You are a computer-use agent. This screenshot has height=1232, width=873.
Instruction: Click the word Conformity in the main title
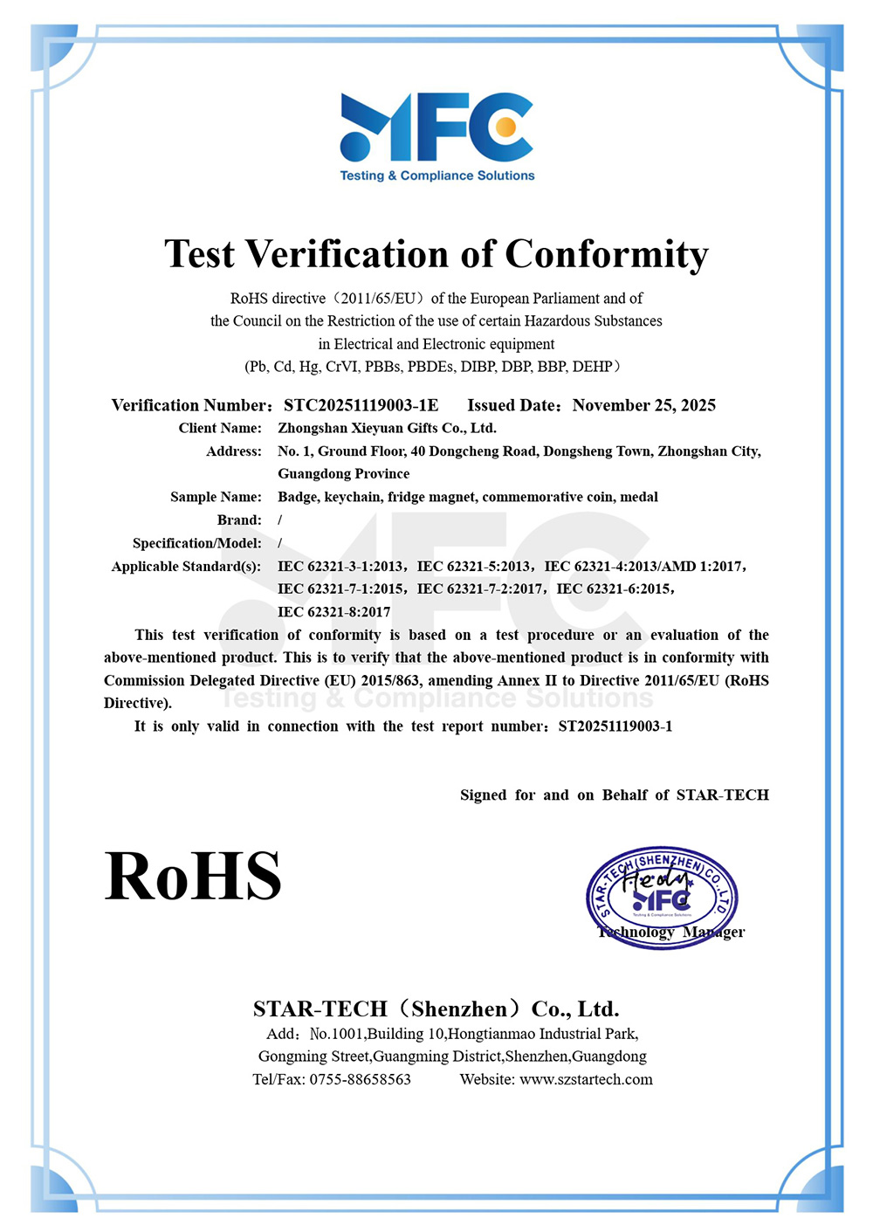(x=607, y=254)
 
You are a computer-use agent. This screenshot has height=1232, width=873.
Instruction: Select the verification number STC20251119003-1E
(x=361, y=405)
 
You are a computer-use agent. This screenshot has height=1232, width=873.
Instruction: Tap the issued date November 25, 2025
(x=644, y=405)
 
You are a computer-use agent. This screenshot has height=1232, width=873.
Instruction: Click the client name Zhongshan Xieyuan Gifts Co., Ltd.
(x=387, y=428)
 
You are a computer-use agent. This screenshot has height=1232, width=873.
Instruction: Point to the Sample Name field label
(x=216, y=497)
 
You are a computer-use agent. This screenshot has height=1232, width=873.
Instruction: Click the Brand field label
(x=239, y=520)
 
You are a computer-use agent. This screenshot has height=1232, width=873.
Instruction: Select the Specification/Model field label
(x=196, y=543)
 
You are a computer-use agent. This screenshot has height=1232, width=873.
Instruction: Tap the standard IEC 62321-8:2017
(x=333, y=612)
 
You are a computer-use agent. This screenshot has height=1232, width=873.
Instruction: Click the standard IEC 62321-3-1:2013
(x=340, y=566)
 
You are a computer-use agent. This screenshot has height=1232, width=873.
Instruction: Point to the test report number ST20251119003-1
(x=615, y=726)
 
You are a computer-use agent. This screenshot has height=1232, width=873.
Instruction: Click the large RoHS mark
(x=193, y=876)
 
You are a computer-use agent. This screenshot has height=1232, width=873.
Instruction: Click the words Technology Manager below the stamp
(x=670, y=932)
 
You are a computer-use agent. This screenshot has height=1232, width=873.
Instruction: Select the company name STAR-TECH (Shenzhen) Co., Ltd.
(x=436, y=1009)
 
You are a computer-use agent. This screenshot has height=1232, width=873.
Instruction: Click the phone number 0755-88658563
(x=360, y=1079)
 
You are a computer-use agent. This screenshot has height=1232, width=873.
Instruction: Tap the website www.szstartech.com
(x=586, y=1079)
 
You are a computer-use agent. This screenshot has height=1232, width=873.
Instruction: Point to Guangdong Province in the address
(x=343, y=473)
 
